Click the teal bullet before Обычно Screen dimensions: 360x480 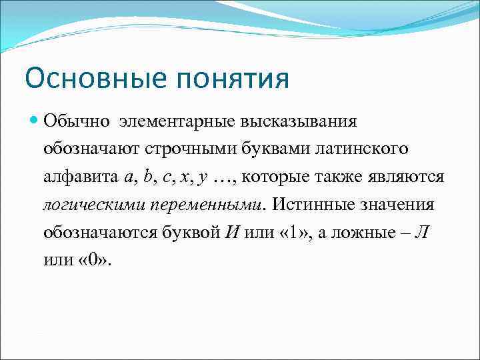35,121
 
